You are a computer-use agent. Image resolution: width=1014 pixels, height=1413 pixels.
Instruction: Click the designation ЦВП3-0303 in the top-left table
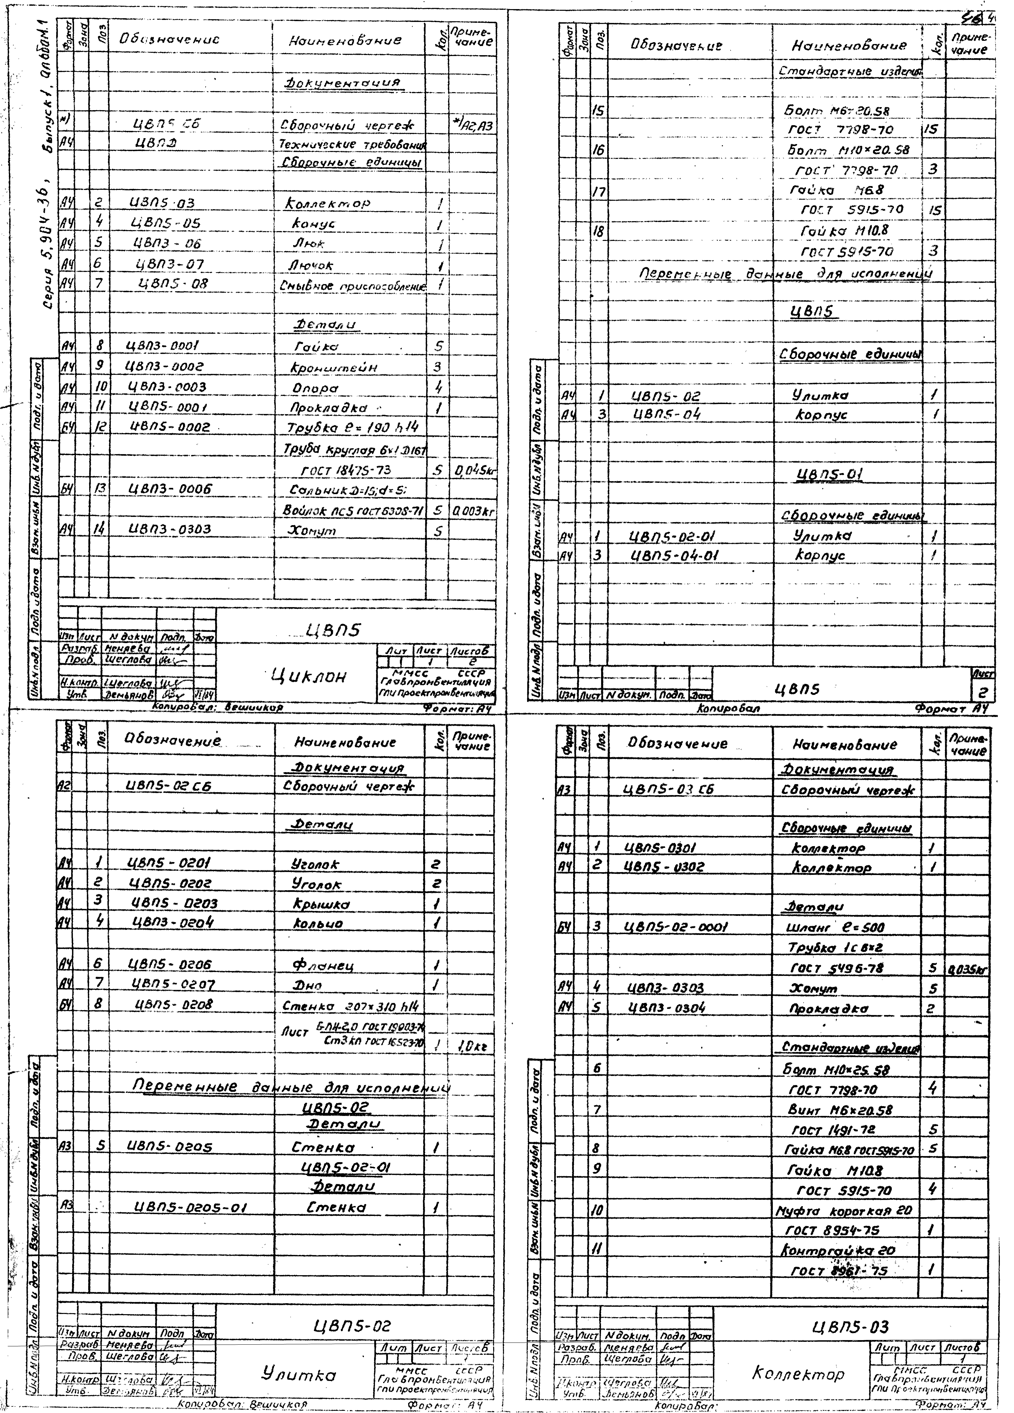[169, 529]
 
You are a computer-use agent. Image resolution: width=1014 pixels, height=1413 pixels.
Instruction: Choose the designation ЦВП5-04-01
[674, 555]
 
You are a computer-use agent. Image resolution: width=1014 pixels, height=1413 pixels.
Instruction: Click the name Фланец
[323, 965]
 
